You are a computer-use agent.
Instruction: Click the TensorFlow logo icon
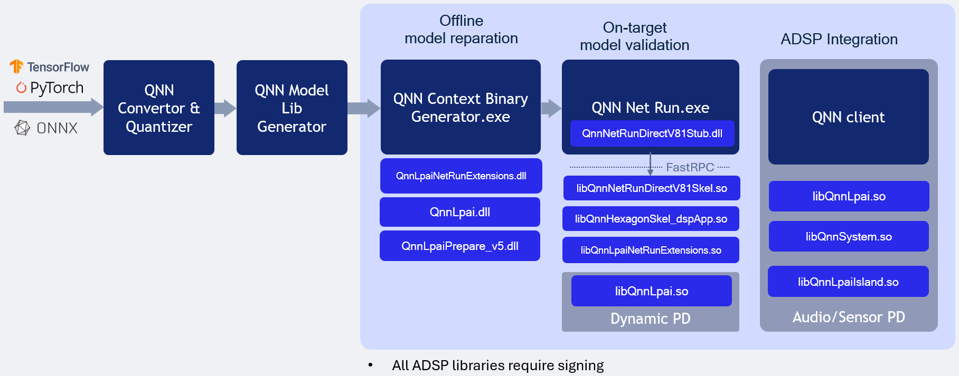(16, 66)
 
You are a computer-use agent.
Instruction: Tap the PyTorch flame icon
(21, 88)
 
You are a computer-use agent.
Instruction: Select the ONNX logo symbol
(22, 128)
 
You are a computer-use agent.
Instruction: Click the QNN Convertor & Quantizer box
(158, 108)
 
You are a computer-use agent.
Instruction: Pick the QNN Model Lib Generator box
(292, 108)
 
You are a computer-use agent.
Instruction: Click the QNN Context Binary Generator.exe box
(460, 107)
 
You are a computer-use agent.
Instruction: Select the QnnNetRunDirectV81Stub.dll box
(652, 133)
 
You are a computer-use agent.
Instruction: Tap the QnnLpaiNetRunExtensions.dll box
(460, 176)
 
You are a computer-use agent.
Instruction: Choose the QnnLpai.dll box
(459, 212)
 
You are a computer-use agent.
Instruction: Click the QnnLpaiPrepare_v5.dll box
(459, 246)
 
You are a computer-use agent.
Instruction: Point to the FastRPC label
(690, 167)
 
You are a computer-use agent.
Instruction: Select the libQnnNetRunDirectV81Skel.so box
(651, 188)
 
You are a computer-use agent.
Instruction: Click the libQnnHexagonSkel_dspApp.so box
(651, 219)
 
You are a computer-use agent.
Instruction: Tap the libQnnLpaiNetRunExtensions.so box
(651, 250)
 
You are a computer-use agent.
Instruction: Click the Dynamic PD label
(650, 319)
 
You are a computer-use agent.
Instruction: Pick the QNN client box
(848, 117)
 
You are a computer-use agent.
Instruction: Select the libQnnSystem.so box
(848, 237)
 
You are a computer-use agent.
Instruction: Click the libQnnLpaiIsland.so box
(848, 282)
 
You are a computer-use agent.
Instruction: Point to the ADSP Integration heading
(839, 39)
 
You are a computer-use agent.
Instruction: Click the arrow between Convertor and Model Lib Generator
(225, 108)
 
